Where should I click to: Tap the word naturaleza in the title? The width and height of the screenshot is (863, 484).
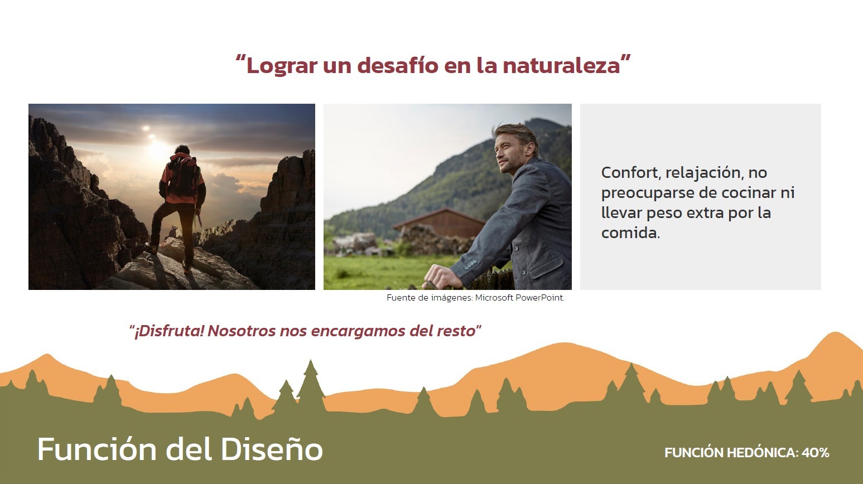point(561,65)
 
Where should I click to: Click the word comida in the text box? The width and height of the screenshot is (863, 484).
point(629,233)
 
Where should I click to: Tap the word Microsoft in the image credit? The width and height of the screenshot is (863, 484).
point(494,298)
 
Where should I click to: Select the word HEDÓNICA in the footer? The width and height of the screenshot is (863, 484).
point(763,452)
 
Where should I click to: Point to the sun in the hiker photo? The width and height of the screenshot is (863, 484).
point(158,148)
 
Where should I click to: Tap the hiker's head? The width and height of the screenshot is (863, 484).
point(182,150)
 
